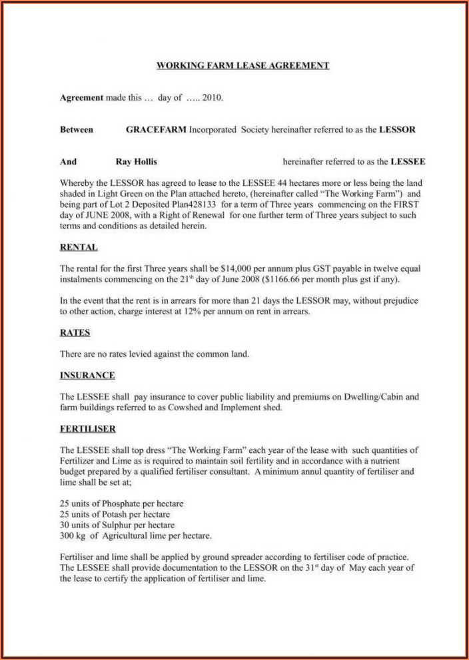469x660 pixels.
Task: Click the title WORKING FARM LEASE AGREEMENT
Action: click(x=242, y=65)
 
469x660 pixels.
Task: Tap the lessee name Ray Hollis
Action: click(x=137, y=161)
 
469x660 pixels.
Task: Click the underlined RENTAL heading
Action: click(x=79, y=247)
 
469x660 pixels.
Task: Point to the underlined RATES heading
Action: click(x=75, y=332)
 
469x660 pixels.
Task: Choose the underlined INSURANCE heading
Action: click(x=87, y=375)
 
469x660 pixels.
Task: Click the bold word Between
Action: click(x=77, y=129)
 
